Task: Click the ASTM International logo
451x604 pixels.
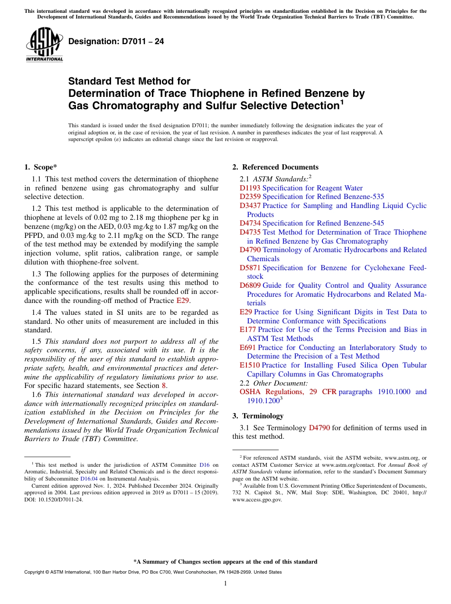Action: point(44,45)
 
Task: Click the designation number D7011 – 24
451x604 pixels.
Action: point(116,42)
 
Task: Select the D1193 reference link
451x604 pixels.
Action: point(250,188)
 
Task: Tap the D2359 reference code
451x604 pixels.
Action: point(250,197)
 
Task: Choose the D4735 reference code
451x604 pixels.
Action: point(250,232)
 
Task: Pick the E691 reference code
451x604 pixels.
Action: point(248,348)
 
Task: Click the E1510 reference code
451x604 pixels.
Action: point(250,365)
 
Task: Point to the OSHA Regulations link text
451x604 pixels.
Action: point(272,392)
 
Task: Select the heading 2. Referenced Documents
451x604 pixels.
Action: point(275,167)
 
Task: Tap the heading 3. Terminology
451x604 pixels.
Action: point(258,416)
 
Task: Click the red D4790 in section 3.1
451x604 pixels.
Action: point(319,428)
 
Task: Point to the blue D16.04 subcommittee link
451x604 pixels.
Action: point(89,479)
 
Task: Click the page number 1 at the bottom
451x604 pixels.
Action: point(225,583)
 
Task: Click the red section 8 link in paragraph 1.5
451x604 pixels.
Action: point(164,386)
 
